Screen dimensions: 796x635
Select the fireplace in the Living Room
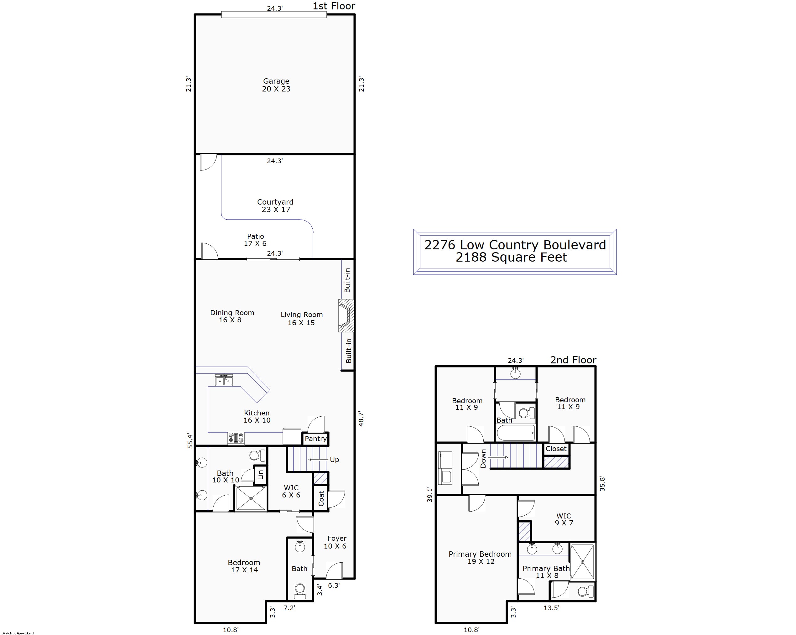[346, 316]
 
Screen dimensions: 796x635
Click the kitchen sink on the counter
[224, 380]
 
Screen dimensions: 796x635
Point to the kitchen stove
[236, 439]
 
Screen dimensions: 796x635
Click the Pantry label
[316, 439]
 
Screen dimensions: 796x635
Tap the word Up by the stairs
[335, 460]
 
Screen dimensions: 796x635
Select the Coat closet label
[321, 498]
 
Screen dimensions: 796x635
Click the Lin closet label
[261, 475]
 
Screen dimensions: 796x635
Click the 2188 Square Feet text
[511, 257]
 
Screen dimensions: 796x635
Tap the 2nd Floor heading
[573, 360]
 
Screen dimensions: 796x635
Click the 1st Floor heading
[334, 6]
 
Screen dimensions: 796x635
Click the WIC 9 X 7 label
[564, 519]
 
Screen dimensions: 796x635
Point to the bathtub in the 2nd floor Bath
[516, 433]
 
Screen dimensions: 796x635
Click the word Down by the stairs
[483, 459]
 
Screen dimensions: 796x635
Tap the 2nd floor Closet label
[556, 449]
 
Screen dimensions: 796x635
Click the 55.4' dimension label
[190, 441]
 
